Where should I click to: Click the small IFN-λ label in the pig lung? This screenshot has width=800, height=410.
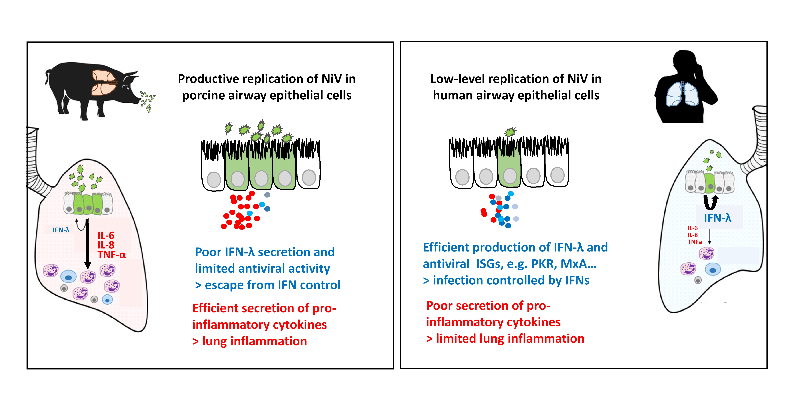point(61,230)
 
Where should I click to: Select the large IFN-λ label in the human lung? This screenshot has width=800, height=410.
point(718,218)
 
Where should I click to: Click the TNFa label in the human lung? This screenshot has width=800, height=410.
point(695,242)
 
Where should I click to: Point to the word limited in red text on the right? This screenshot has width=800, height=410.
point(456,338)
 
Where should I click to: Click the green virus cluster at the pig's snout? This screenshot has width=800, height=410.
point(148,101)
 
